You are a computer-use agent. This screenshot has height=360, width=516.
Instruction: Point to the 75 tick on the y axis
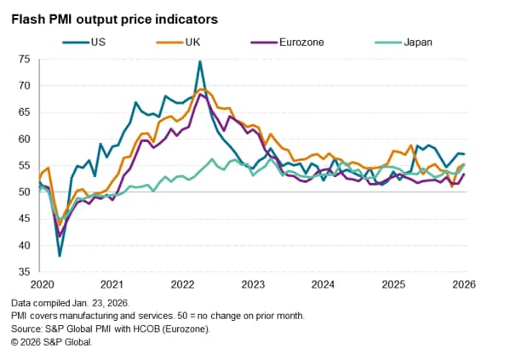23,59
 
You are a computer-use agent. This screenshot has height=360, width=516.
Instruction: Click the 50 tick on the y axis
23,192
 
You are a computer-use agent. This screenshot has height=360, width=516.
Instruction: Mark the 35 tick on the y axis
23,272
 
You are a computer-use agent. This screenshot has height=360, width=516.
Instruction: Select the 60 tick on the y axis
23,139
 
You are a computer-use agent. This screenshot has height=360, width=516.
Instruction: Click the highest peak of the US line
199,61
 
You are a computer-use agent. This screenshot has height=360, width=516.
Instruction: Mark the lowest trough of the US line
60,255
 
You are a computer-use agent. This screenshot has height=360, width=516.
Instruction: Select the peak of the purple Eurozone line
201,94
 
